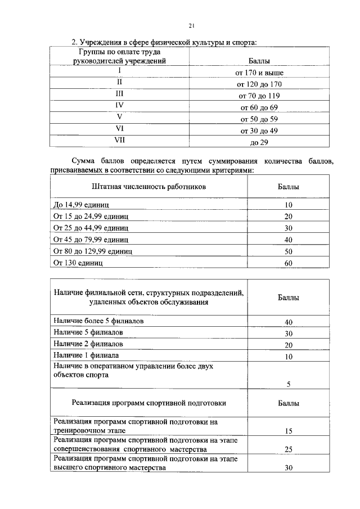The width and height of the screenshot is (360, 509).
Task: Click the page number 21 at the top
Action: pyautogui.click(x=191, y=25)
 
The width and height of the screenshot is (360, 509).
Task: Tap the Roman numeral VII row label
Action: pyautogui.click(x=119, y=141)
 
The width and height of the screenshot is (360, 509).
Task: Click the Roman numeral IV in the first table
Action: pyautogui.click(x=119, y=105)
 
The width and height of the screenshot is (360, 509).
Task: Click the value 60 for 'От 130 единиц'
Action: pyautogui.click(x=288, y=263)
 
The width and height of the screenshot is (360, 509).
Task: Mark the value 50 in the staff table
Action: pyautogui.click(x=288, y=251)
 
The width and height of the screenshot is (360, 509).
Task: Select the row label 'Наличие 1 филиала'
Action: pyautogui.click(x=86, y=355)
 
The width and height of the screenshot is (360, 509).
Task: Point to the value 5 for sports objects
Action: pyautogui.click(x=288, y=385)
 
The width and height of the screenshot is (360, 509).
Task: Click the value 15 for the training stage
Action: pyautogui.click(x=288, y=431)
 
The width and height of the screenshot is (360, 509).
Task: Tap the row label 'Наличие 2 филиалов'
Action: pyautogui.click(x=88, y=344)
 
